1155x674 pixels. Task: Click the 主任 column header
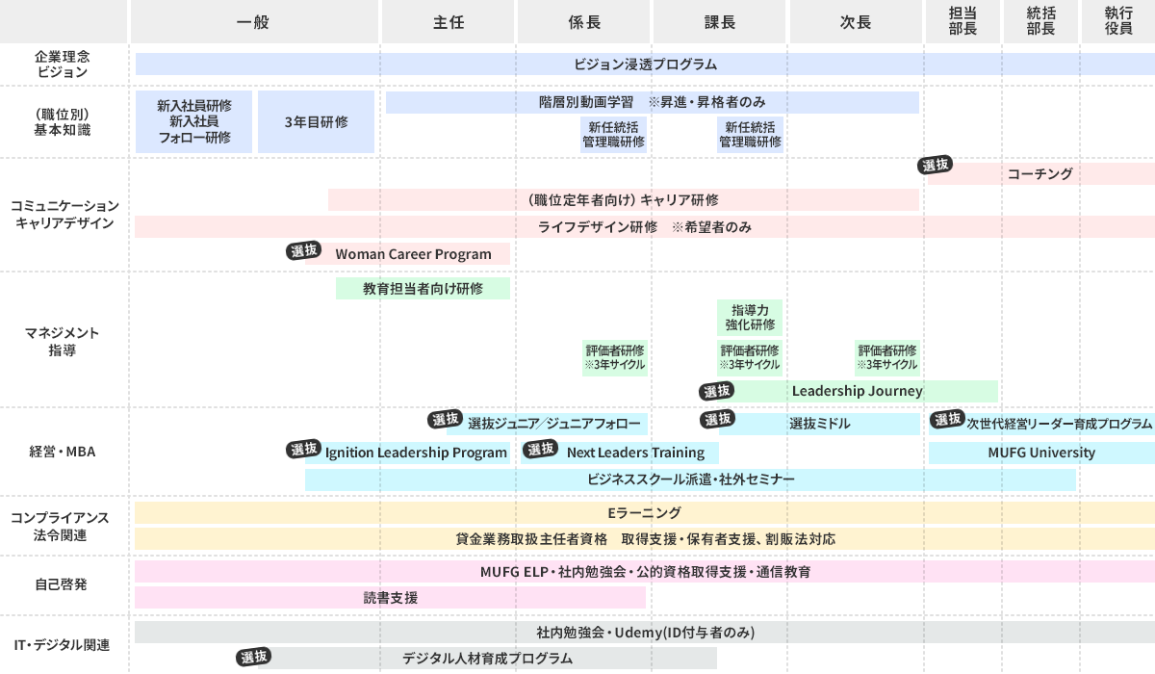tap(449, 21)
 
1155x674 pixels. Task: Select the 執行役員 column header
tap(1117, 21)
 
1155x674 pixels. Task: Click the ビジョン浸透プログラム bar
tap(645, 65)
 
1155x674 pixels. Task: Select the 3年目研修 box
tap(316, 122)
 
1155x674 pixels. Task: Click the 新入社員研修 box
tap(193, 122)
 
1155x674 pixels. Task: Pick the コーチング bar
tap(1039, 174)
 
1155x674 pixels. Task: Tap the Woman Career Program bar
tap(414, 254)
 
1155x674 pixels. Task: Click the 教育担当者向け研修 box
tap(423, 288)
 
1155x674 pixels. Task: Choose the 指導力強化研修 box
tap(750, 317)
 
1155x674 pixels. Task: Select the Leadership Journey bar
tap(857, 391)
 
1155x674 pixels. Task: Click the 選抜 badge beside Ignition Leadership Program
tap(304, 449)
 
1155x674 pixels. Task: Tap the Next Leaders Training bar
tap(635, 453)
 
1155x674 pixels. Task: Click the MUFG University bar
tap(1040, 453)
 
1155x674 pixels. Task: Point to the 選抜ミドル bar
tap(820, 424)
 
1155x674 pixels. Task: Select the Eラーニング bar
tap(644, 513)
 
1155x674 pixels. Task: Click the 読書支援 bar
tap(390, 598)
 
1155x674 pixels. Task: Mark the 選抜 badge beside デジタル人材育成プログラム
tap(254, 657)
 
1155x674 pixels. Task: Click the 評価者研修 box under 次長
tap(886, 357)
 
